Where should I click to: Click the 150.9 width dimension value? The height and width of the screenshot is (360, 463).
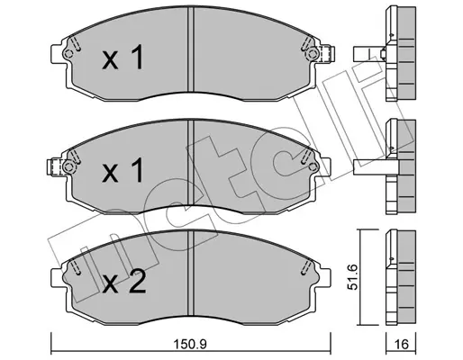point(191,344)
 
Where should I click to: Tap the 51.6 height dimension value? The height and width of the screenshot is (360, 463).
point(352,277)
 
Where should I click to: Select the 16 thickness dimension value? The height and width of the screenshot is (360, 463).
point(401,344)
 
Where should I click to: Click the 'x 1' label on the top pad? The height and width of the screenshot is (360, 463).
point(123,57)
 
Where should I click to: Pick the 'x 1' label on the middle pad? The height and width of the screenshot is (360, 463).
point(123,170)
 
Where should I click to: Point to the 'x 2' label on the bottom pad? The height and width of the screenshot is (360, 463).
point(124,281)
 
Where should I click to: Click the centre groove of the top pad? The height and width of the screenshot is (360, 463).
point(191,49)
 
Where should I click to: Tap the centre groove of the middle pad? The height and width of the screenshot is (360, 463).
point(191,163)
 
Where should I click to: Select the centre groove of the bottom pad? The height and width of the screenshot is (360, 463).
point(191,274)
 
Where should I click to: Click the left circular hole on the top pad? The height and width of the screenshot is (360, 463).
point(68,54)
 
